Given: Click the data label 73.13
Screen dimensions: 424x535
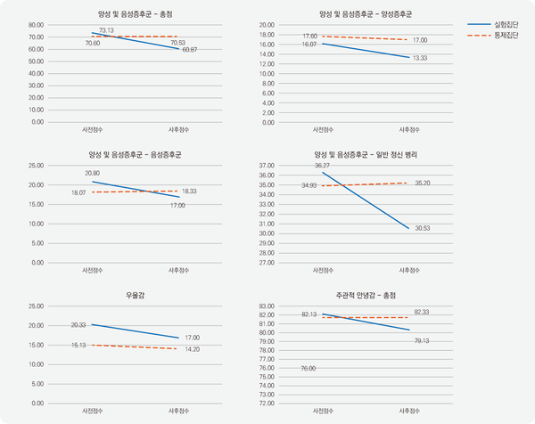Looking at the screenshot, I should pos(107,30).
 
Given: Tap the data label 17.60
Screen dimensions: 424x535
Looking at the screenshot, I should pos(310,36).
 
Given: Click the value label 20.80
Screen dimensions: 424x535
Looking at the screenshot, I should pos(92,173).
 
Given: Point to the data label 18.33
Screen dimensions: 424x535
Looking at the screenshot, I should pos(189,191).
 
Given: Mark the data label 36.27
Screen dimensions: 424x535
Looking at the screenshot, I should pos(322,166).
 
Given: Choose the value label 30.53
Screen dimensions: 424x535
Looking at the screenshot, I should pos(422,228).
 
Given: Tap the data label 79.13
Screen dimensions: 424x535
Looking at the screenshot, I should pos(422,340).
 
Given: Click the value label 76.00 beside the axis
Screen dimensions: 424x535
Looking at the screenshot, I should pos(308,368).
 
